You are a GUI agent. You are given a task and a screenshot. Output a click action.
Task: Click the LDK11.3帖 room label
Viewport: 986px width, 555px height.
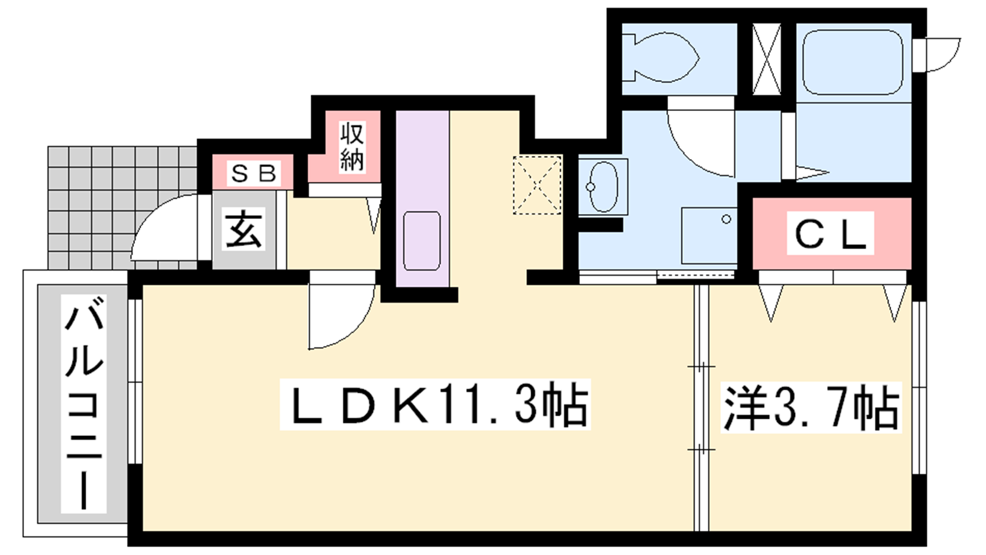pos(435,405)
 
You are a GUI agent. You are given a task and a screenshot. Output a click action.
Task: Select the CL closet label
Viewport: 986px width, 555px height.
pos(830,234)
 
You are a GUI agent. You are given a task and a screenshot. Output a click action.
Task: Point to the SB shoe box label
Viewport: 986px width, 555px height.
pos(253,173)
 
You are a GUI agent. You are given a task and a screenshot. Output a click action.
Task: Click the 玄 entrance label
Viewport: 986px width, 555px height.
pos(243,229)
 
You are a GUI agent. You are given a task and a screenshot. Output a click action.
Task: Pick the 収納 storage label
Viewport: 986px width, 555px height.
pos(352,147)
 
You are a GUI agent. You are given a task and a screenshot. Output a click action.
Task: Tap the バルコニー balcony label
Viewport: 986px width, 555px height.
pos(84,403)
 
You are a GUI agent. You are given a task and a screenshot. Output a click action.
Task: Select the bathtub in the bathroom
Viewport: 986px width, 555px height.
pos(853,62)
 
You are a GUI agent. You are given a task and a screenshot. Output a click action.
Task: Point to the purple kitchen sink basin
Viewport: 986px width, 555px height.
pos(422,241)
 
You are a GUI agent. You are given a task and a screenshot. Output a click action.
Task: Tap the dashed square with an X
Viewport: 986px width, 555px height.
pos(537,185)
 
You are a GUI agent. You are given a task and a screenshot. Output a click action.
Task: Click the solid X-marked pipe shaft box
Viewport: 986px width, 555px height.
pos(767,59)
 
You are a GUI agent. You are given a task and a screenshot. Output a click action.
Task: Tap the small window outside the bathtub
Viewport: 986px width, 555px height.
pos(936,55)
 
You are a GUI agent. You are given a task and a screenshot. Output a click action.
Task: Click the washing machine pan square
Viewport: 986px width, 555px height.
pos(709,236)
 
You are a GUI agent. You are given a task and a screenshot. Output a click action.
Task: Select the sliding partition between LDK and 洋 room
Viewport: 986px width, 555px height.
pos(701,408)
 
